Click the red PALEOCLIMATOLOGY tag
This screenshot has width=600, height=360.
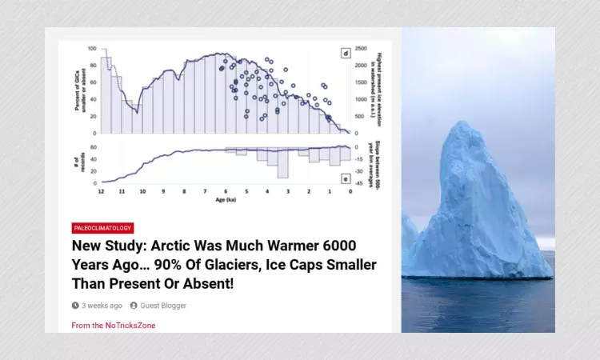click(x=102, y=228)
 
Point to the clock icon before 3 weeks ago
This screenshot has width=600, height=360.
click(x=75, y=306)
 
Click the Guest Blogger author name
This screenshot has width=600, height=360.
click(x=163, y=306)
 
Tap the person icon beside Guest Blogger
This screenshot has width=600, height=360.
click(x=134, y=306)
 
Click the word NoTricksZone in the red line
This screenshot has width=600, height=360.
click(x=130, y=326)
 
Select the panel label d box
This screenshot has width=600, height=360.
click(x=346, y=54)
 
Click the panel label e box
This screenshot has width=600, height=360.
click(x=346, y=179)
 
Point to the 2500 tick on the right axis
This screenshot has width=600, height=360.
click(x=361, y=49)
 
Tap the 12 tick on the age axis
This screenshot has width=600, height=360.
click(x=101, y=192)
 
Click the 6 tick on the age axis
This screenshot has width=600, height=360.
click(x=226, y=192)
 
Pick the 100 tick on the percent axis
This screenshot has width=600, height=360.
click(x=92, y=49)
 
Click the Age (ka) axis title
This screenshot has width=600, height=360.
click(x=226, y=199)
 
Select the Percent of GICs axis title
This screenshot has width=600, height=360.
click(x=79, y=90)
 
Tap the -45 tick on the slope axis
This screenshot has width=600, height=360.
click(x=360, y=184)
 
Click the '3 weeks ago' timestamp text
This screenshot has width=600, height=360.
click(x=102, y=306)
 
